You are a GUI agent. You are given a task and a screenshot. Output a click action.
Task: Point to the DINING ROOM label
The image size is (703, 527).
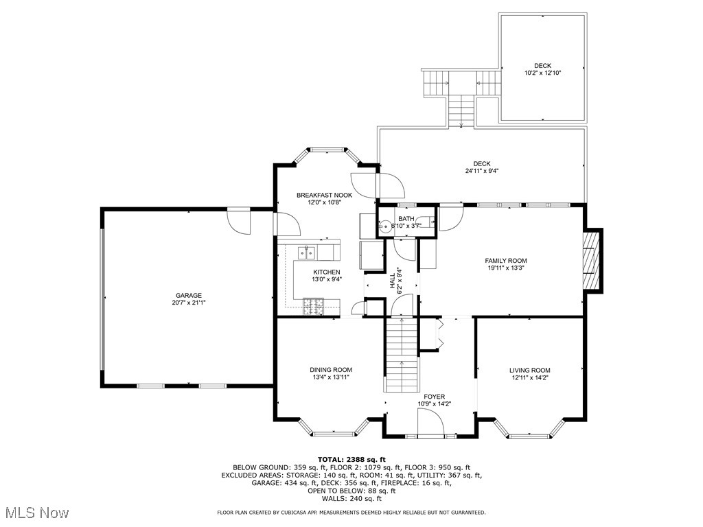pyautogui.click(x=330, y=370)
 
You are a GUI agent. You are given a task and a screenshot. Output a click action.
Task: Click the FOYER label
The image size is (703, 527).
pyautogui.click(x=434, y=397)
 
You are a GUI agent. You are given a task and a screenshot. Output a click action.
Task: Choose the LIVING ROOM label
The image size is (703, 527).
pyautogui.click(x=529, y=370)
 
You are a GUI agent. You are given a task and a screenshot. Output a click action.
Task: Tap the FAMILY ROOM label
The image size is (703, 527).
pyautogui.click(x=506, y=261)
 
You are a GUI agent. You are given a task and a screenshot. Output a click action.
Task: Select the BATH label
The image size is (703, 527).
pyautogui.click(x=406, y=218)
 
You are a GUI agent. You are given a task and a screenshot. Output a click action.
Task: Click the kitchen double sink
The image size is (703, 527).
pyautogui.click(x=306, y=253)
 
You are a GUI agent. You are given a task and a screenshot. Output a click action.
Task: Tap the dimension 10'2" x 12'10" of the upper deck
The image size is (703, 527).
pyautogui.click(x=542, y=73)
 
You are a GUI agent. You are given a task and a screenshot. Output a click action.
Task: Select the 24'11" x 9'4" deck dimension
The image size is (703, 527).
pyautogui.click(x=481, y=171)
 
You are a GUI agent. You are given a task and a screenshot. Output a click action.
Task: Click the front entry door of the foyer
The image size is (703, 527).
pyautogui.click(x=431, y=432)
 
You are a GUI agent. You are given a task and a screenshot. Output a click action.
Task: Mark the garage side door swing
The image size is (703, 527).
pyautogui.click(x=240, y=221)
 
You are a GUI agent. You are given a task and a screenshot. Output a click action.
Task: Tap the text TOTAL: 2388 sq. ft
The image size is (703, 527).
pyautogui.click(x=351, y=459)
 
